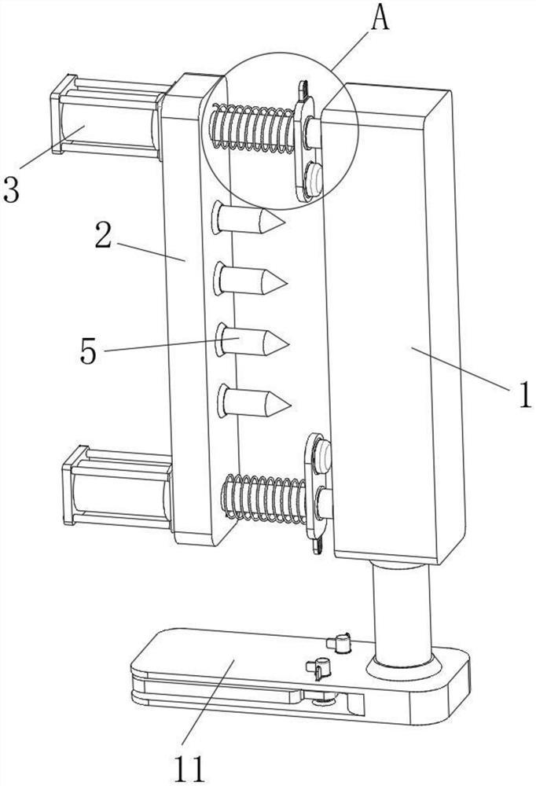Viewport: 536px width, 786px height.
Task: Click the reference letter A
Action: coord(380,19)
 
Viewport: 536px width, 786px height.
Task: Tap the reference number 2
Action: coord(103,236)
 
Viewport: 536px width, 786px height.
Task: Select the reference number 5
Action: coord(88,351)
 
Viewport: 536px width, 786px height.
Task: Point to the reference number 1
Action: coord(525,395)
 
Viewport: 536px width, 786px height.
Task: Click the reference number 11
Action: coord(190,768)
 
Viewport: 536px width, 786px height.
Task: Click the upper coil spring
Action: coord(252,128)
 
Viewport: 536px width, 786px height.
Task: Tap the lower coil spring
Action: coord(264,497)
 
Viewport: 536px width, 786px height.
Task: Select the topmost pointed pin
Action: coord(248,218)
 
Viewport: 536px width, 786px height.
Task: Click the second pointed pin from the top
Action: coord(250,279)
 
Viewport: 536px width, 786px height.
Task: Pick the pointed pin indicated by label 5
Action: coord(252,340)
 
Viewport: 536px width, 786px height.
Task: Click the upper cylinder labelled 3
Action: coord(108,116)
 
